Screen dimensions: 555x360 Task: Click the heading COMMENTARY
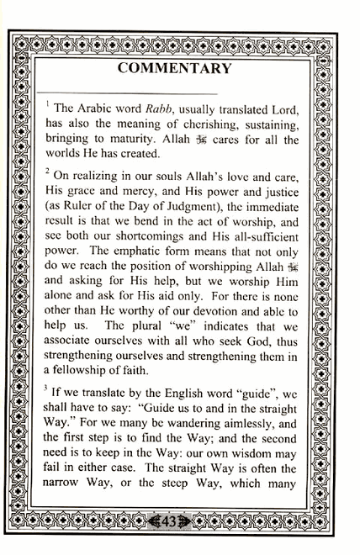pyautogui.click(x=174, y=68)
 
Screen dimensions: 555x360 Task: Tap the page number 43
pyautogui.click(x=169, y=521)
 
